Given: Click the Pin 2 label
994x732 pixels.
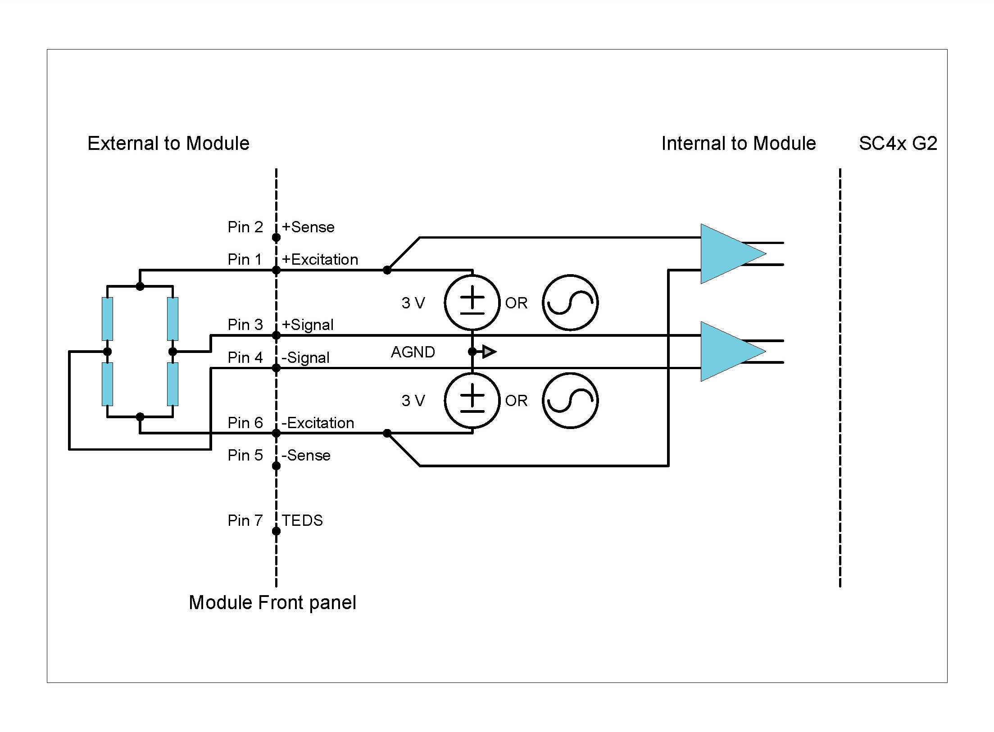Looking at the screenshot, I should tap(245, 227).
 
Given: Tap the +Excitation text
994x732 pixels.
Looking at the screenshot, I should tap(320, 260).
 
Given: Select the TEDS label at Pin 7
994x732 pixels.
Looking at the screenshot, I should tap(302, 520).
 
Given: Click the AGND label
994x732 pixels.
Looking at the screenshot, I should tap(413, 352).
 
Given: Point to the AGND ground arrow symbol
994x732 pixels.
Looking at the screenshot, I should tap(488, 352).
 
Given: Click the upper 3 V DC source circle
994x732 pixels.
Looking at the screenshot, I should tap(472, 303).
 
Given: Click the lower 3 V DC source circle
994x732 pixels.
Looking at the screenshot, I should tap(472, 401).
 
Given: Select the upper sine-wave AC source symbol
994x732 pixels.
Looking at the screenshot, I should tap(570, 303).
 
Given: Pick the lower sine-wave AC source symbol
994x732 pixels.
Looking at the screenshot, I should tap(570, 401).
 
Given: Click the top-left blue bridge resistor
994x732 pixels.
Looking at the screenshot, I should tap(107, 319).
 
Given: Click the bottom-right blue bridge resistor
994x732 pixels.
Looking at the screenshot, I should tap(172, 384).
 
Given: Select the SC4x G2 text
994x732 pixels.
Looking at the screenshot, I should tap(898, 144).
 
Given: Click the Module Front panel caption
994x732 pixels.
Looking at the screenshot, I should tap(272, 602).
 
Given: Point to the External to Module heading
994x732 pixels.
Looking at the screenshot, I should tap(168, 144).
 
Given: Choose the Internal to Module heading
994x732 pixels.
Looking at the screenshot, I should tap(738, 144).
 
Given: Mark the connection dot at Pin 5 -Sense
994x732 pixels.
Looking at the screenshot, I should tap(276, 466).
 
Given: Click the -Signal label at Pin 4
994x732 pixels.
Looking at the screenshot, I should tap(305, 358).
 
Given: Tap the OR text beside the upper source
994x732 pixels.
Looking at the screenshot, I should tap(516, 303).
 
